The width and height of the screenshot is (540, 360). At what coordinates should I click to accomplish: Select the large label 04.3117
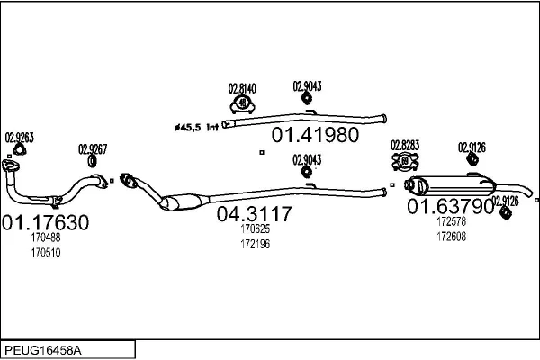point(255,214)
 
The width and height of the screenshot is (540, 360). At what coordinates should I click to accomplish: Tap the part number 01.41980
point(315,136)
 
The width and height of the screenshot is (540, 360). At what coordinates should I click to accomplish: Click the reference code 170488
point(45,238)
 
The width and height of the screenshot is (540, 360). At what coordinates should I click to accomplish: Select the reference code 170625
point(255,229)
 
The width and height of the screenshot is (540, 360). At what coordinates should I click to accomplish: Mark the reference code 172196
point(255,244)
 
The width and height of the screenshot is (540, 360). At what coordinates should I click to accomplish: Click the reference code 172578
point(452,221)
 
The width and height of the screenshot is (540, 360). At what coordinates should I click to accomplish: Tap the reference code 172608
point(452,236)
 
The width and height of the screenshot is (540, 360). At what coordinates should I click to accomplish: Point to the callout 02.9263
point(19,138)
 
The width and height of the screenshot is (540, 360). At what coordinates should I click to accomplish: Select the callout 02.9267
point(92,149)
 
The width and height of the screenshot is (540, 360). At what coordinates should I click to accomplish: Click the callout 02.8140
point(242,88)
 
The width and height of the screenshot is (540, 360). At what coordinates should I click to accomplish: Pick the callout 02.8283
point(404,145)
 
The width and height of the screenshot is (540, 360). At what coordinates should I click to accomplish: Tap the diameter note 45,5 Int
point(196,128)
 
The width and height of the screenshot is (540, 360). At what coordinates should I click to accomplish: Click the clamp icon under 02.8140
point(242,103)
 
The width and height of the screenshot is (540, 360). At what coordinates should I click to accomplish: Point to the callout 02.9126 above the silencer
point(472,147)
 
